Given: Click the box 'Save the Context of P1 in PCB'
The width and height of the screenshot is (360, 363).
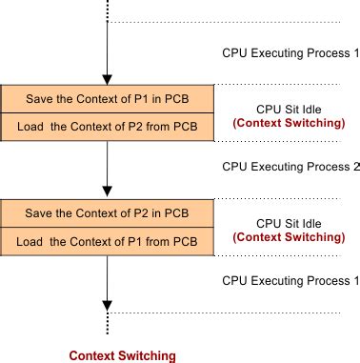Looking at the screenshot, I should pyautogui.click(x=108, y=98).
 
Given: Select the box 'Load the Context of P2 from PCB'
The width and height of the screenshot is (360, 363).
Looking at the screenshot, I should pyautogui.click(x=108, y=126).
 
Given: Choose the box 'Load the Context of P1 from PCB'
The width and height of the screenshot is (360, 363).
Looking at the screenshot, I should pyautogui.click(x=108, y=240).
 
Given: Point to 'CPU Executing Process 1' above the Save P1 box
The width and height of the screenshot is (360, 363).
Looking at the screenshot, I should pyautogui.click(x=290, y=55).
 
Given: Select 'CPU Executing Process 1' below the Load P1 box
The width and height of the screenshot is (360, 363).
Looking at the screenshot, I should pyautogui.click(x=290, y=281).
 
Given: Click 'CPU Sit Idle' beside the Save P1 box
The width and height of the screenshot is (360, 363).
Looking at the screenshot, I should pyautogui.click(x=290, y=109).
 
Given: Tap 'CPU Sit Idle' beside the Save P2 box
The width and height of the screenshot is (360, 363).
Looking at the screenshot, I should pyautogui.click(x=290, y=223).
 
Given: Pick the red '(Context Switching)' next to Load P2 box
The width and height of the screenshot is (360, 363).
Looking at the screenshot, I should pyautogui.click(x=290, y=123).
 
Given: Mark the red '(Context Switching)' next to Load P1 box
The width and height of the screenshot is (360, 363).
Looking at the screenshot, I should pyautogui.click(x=290, y=236).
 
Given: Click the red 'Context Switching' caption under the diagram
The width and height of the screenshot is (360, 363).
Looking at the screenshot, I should pyautogui.click(x=122, y=355).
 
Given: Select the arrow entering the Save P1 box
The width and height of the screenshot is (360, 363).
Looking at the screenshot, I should pyautogui.click(x=109, y=57).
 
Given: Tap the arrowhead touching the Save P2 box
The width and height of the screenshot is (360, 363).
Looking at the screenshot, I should pyautogui.click(x=109, y=193).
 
